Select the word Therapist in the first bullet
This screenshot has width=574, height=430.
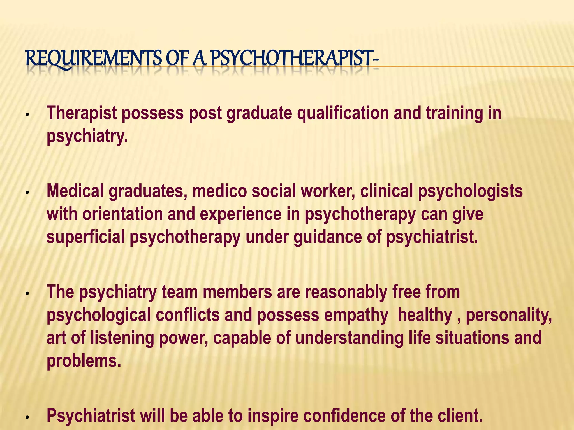click(82, 113)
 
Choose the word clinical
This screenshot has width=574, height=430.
click(386, 191)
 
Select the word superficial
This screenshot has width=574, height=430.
click(85, 237)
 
